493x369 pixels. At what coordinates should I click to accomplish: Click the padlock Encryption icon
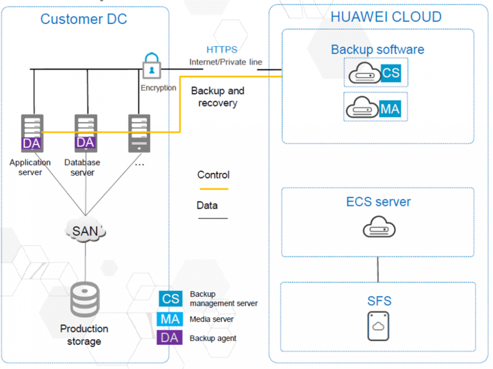click(151, 66)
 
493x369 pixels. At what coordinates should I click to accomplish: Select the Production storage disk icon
click(85, 300)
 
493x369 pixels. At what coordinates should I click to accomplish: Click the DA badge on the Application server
click(31, 143)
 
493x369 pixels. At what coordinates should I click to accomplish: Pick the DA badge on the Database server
click(86, 142)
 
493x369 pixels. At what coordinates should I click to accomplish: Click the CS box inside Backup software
click(390, 73)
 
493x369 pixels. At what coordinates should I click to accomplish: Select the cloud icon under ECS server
click(379, 227)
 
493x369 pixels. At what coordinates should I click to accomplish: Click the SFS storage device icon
click(378, 326)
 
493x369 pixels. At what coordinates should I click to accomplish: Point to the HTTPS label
click(222, 50)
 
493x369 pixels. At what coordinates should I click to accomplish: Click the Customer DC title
click(84, 19)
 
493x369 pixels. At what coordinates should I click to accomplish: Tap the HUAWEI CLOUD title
click(386, 17)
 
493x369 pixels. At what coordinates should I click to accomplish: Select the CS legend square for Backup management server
click(170, 299)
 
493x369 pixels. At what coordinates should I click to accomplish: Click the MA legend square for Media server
click(170, 319)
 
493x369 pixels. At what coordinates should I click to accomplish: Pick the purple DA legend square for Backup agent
click(170, 338)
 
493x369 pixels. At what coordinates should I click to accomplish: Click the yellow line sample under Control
click(213, 189)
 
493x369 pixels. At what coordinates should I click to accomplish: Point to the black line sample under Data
click(213, 218)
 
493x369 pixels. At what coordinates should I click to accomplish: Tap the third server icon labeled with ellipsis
click(139, 133)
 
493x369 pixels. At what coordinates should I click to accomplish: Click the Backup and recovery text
click(217, 97)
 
